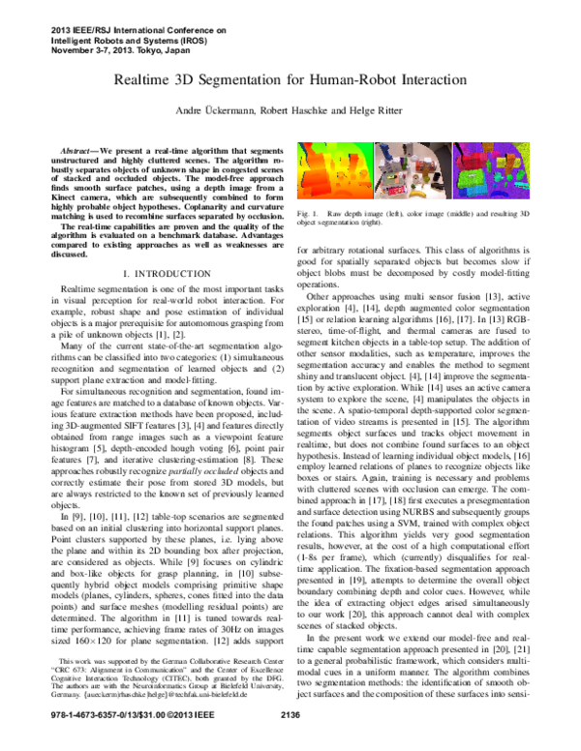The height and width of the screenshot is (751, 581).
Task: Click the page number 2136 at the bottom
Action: point(290,741)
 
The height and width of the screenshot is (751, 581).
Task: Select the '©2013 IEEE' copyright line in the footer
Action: point(159,741)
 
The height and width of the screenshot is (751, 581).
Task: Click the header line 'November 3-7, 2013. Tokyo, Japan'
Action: point(108,49)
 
